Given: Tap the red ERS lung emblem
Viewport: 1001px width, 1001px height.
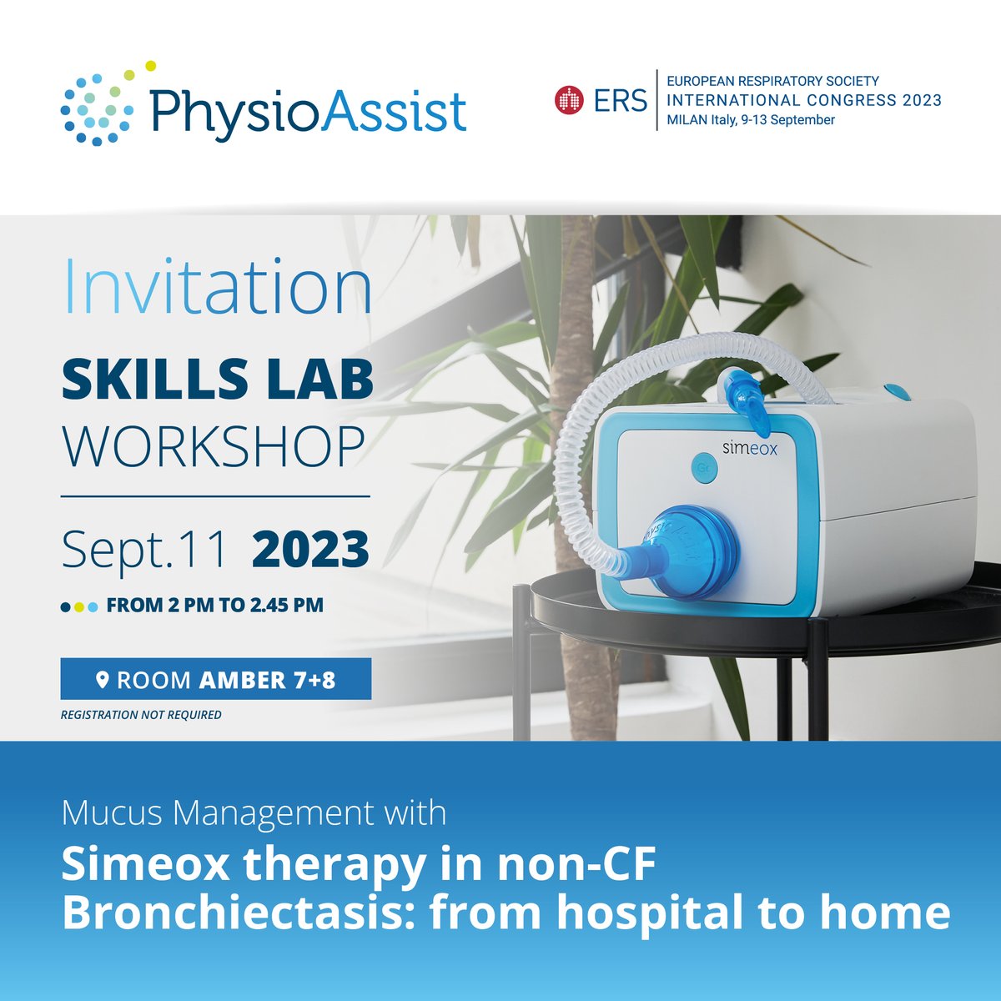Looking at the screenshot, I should tap(569, 101).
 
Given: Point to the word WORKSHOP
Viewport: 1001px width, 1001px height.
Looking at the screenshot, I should tap(214, 448).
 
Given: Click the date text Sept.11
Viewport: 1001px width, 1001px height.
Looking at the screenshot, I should tap(144, 550).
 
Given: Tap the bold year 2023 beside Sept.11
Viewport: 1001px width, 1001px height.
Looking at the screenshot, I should tap(310, 550).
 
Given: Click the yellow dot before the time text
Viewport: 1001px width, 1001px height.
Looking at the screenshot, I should tap(79, 607).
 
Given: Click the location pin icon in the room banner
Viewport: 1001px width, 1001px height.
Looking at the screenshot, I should tap(103, 681).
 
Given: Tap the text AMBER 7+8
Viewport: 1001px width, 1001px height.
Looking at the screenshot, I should tap(267, 681).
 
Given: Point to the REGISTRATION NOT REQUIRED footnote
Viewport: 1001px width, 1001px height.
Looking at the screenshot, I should tap(141, 715).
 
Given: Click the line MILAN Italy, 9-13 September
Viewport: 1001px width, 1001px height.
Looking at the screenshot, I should tap(751, 120).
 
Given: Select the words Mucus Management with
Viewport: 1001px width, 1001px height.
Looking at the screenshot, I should tap(254, 813).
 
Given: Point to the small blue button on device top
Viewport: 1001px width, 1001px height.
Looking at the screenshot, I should tap(897, 391).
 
